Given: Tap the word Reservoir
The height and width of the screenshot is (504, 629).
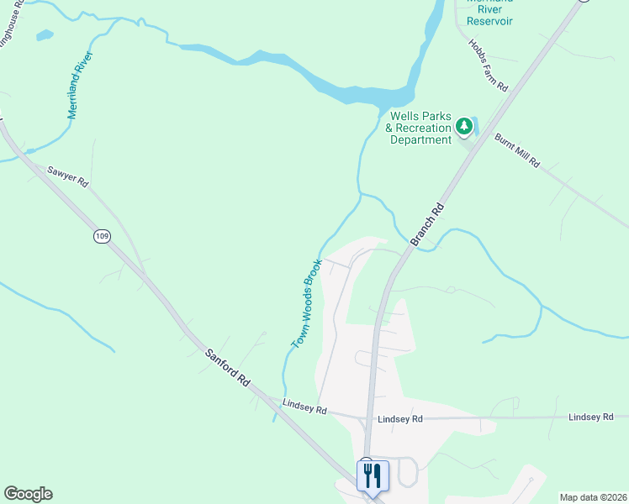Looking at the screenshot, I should click(489, 21).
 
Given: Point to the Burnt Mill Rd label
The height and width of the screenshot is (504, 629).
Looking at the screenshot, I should click(517, 150).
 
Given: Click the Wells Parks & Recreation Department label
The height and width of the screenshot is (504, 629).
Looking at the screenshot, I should click(420, 128).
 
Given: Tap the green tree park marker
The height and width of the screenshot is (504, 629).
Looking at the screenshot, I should click(463, 127).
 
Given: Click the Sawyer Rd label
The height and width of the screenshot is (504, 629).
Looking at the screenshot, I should click(67, 176).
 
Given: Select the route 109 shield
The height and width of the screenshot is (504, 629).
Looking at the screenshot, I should click(102, 236).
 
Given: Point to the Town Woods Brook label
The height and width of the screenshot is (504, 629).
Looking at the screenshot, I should click(307, 303).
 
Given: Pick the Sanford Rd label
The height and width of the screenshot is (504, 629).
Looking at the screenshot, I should click(228, 366).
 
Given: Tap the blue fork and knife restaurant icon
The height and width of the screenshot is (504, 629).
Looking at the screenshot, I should click(371, 475).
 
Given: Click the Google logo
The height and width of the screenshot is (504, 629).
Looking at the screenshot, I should click(28, 494).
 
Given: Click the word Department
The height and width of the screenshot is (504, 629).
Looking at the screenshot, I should click(421, 139).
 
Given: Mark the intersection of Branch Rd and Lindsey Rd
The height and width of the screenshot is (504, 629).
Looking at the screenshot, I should click(368, 417).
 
